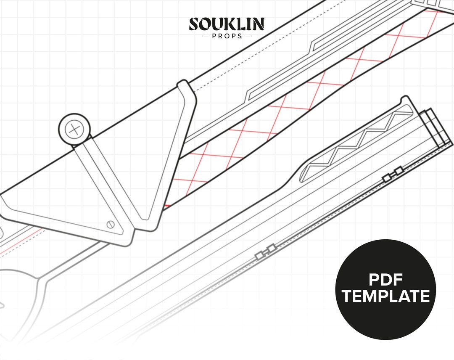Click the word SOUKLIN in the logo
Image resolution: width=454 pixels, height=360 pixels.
click(x=227, y=24)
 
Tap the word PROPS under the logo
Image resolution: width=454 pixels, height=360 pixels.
click(x=227, y=36)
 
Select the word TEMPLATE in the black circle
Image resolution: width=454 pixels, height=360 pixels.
click(x=385, y=296)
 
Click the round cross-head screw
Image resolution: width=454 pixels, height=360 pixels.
click(x=74, y=129)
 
